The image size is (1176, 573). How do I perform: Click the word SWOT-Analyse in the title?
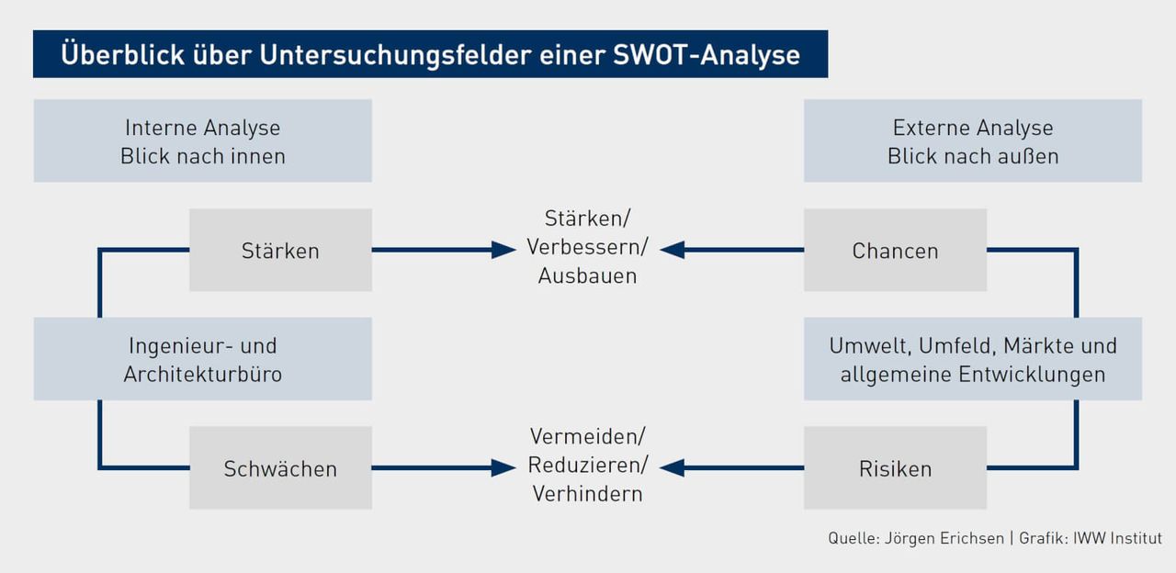point(707,55)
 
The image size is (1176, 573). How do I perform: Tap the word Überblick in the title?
point(122,54)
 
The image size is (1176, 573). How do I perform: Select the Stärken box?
point(281,250)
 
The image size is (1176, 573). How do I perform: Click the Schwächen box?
point(281,467)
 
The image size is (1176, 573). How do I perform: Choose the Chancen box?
point(895,250)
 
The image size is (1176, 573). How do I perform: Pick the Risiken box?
point(895,467)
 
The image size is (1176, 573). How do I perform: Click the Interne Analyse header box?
point(203,140)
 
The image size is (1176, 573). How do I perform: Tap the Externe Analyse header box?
point(973,140)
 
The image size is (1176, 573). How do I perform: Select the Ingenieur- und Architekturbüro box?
point(203,359)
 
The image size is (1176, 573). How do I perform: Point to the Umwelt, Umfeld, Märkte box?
point(973,359)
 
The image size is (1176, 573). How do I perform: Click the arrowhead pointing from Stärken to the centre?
point(503,250)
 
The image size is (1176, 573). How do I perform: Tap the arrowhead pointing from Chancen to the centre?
point(672,250)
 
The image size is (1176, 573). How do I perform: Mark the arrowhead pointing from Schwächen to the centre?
point(503,467)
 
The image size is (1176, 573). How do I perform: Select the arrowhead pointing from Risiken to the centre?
point(672,467)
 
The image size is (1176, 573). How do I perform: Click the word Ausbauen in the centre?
point(587,276)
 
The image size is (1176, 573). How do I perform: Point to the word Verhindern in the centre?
point(587,494)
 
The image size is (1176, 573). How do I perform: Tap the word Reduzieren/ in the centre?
point(588,466)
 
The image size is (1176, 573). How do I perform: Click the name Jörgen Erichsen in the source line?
point(944,538)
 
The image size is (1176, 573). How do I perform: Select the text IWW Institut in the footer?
point(1117,538)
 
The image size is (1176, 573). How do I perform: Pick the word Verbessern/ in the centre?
point(588,247)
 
